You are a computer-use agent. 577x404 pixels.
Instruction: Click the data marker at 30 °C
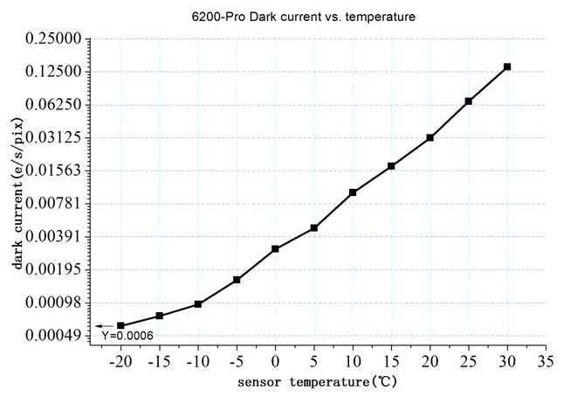[507, 66]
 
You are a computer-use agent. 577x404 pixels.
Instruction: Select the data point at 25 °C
[469, 101]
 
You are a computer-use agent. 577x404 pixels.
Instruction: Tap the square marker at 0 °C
[275, 249]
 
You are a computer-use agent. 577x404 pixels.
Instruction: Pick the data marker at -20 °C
[120, 326]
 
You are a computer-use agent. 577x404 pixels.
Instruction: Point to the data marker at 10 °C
[353, 192]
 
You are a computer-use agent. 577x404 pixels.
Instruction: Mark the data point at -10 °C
[198, 304]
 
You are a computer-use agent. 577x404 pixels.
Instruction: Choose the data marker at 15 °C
[391, 166]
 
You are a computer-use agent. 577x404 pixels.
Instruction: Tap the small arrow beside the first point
[103, 326]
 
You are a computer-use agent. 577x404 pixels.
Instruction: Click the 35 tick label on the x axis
[546, 360]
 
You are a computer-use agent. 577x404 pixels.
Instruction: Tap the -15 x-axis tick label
[157, 360]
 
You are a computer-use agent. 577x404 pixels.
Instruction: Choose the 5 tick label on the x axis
[314, 360]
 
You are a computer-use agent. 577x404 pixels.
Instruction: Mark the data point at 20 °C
[430, 138]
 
